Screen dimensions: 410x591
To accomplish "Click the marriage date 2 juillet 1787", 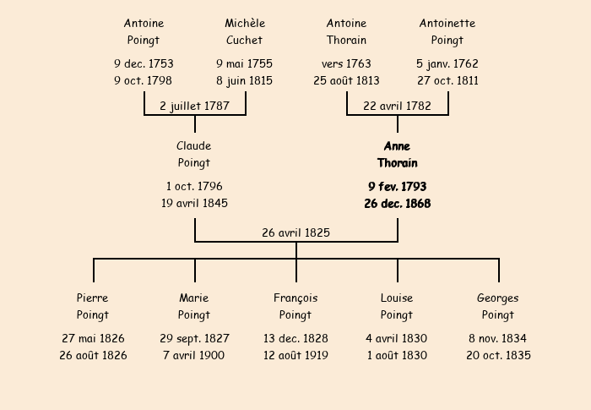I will coord(194,106).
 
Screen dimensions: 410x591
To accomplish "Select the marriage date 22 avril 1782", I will coord(397,106).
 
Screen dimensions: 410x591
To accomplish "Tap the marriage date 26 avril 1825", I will coord(295,232).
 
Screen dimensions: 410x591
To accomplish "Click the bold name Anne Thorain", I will coord(397,155).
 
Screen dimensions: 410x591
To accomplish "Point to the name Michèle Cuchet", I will coord(245,31).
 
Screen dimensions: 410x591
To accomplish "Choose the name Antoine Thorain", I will coord(346,31).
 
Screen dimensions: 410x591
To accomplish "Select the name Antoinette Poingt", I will coord(447,31).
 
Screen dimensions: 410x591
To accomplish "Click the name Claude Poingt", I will coord(194,155).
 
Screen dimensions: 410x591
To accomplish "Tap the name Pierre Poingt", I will coord(93,306).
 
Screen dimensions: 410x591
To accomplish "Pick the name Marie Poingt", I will coord(194,306).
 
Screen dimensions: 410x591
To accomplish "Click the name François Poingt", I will coord(295,306).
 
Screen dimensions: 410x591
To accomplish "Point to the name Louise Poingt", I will coord(397,306).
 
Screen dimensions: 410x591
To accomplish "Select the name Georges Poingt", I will coord(498,306).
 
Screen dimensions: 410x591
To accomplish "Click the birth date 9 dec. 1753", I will coord(144,63).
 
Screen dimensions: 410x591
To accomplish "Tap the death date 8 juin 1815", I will coord(245,80).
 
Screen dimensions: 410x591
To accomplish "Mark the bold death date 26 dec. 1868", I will coord(397,203).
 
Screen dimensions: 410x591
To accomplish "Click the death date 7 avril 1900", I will coord(194,355).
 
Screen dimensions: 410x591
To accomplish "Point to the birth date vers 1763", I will coord(346,63).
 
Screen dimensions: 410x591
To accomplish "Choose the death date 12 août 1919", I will coord(295,355).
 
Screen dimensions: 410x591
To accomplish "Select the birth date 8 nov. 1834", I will coord(498,338).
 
